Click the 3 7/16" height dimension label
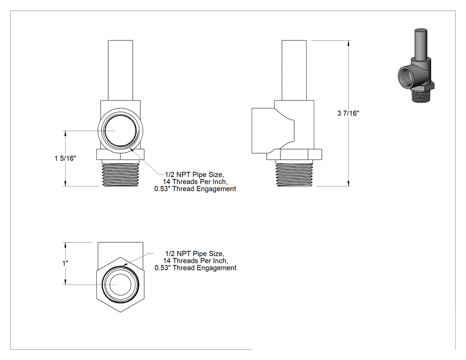pos(348,113)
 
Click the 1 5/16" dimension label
pos(65,158)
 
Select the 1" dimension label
pos(65,263)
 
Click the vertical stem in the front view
pos(120,70)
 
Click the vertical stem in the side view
pos(294,70)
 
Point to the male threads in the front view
pos(120,174)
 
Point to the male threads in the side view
pos(294,174)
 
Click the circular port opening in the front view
pos(120,131)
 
